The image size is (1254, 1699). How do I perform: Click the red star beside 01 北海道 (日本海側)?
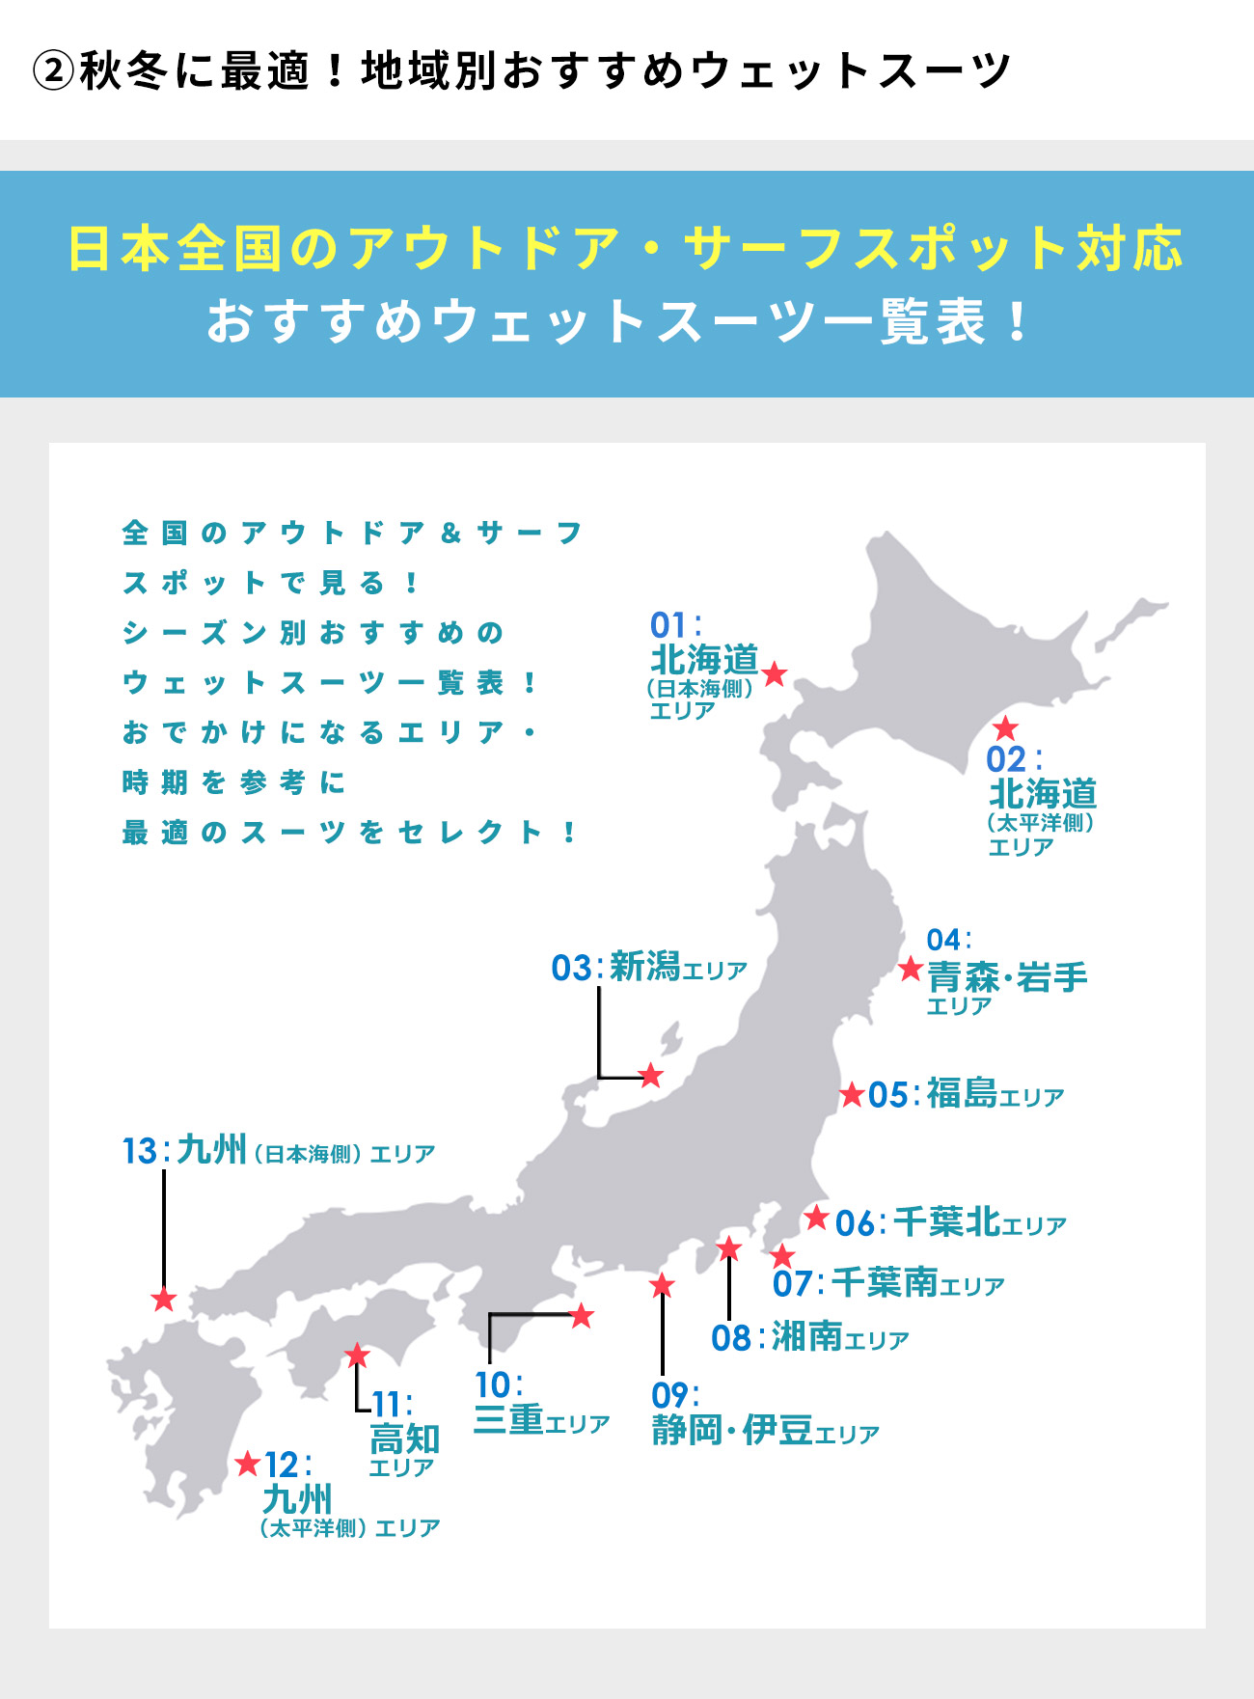pos(775,673)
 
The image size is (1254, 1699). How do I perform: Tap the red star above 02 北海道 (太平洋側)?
pos(1005,727)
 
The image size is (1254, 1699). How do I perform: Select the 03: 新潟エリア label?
pos(649,968)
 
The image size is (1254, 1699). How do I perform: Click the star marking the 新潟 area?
pos(651,1075)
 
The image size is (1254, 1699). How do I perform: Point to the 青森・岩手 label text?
pos(1007,977)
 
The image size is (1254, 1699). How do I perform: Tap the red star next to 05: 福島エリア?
pos(852,1095)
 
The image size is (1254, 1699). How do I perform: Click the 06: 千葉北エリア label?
pos(950,1223)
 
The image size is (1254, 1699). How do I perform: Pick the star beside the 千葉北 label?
pos(817,1218)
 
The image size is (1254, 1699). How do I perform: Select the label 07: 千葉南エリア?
pos(888,1284)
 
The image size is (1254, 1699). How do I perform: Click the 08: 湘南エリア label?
pos(810,1338)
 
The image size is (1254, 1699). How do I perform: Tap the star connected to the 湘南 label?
pos(729,1249)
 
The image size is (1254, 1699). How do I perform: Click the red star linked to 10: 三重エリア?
pos(582,1316)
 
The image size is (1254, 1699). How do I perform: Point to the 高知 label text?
pos(405,1439)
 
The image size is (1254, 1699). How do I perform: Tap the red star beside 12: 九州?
pos(248,1464)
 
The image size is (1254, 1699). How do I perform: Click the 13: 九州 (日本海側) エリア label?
pos(279,1152)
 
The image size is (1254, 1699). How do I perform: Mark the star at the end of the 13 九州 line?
pos(164,1300)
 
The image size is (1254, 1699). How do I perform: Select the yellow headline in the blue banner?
pos(626,249)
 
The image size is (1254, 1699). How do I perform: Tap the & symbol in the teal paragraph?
pos(450,533)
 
